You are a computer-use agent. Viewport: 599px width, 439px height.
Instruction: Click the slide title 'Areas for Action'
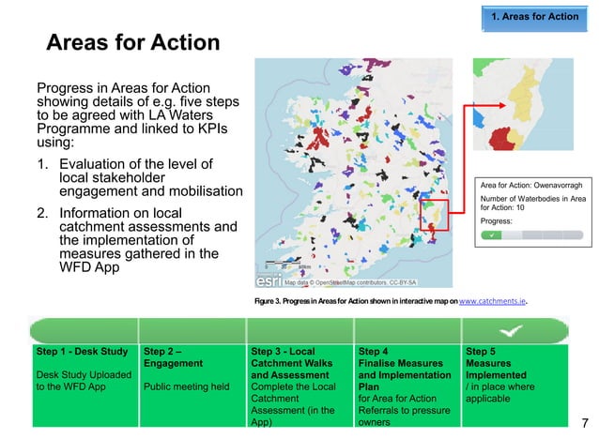point(133,43)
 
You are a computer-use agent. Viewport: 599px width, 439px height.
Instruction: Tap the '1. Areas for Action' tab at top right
point(535,16)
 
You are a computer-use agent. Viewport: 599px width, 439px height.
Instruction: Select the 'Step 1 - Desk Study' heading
point(82,352)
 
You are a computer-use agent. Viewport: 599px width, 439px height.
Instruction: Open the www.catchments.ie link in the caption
point(491,302)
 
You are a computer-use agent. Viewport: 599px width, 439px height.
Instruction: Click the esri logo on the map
point(269,280)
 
